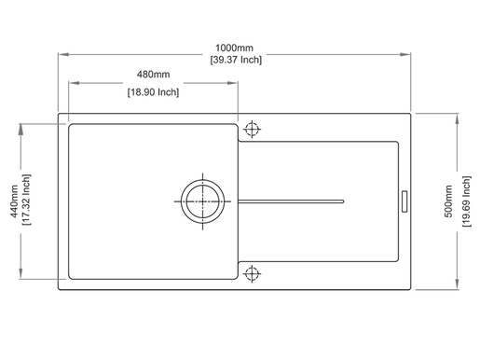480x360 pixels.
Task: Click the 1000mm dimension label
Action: (x=234, y=48)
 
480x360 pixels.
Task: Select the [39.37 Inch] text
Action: (x=236, y=60)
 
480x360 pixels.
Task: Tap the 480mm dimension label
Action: (x=153, y=75)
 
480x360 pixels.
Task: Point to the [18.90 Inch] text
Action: (x=153, y=92)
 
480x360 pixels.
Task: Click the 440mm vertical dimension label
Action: (x=14, y=201)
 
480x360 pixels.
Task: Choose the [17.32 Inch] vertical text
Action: (x=26, y=200)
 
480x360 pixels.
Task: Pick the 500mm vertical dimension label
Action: (x=448, y=201)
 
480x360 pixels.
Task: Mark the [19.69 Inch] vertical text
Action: (x=466, y=201)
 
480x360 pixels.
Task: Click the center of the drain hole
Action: (x=202, y=201)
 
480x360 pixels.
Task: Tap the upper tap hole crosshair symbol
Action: (x=252, y=129)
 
